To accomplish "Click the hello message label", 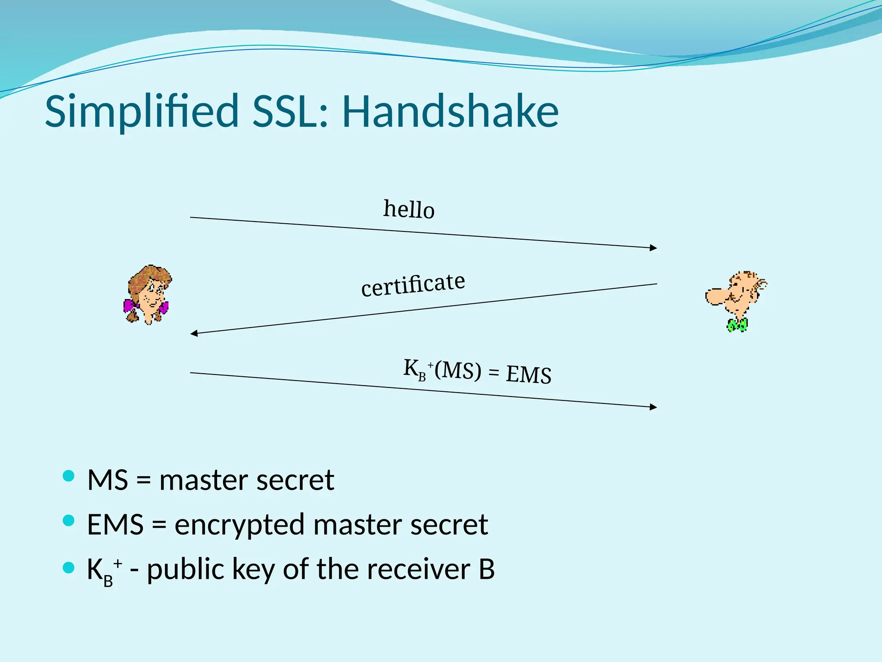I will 409,209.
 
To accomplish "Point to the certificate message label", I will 413,285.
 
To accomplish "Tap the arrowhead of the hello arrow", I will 653,247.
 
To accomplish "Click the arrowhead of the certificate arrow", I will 194,333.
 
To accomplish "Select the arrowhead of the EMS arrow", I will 653,406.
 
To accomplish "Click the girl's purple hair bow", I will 130,306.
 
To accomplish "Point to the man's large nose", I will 716,297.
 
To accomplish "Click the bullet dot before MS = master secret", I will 68,476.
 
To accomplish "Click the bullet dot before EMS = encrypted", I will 68,521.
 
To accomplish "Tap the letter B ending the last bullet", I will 486,569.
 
